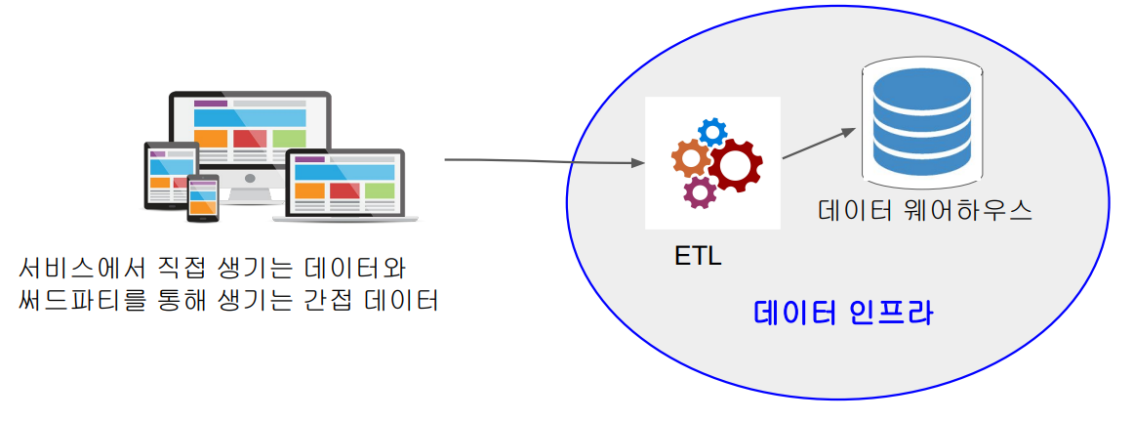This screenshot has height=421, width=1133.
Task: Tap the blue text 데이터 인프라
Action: (x=844, y=314)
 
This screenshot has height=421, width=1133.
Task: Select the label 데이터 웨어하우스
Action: (x=925, y=211)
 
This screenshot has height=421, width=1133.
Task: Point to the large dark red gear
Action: (x=735, y=167)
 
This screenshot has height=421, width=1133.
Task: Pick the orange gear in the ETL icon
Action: (x=692, y=159)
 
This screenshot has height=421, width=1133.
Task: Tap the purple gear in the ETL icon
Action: (x=699, y=191)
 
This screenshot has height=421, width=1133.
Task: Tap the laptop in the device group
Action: (x=345, y=186)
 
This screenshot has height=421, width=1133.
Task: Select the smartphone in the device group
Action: (x=204, y=200)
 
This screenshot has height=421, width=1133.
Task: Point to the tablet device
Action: (x=167, y=176)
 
